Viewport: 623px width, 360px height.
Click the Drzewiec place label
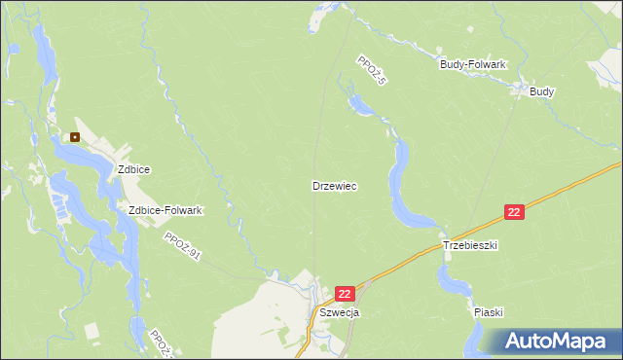tap(334, 185)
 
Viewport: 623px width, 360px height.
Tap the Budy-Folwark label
tap(473, 64)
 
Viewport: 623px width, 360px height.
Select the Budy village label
tap(542, 91)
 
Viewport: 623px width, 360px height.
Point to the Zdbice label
tap(133, 168)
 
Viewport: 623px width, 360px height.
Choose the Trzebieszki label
tap(470, 246)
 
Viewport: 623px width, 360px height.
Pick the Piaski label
tap(488, 312)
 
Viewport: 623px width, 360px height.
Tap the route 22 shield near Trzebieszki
tap(515, 212)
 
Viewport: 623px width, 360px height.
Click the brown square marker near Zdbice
tap(75, 137)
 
